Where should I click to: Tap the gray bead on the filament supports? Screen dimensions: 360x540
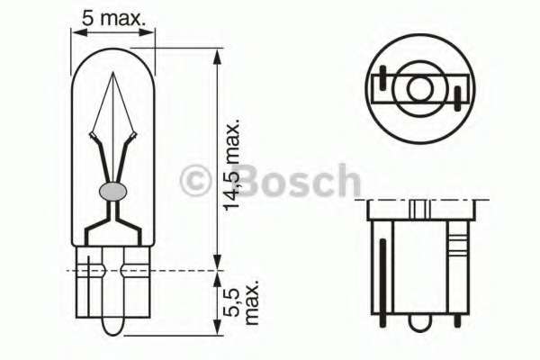[113, 191]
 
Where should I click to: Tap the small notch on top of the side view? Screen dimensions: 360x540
[419, 209]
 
